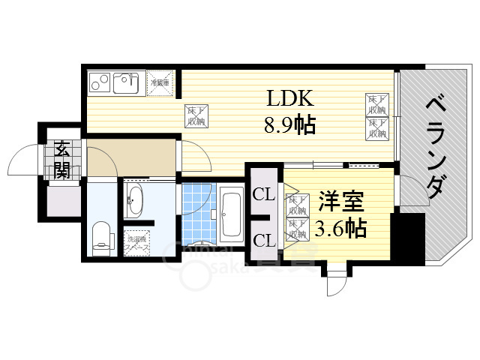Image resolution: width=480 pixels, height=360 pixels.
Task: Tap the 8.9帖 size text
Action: pyautogui.click(x=289, y=124)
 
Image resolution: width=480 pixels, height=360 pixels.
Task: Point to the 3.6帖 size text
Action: pyautogui.click(x=341, y=226)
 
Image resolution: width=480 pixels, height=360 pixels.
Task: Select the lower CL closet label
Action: pyautogui.click(x=263, y=240)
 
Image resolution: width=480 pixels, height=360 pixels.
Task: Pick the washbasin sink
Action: pyautogui.click(x=136, y=200)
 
